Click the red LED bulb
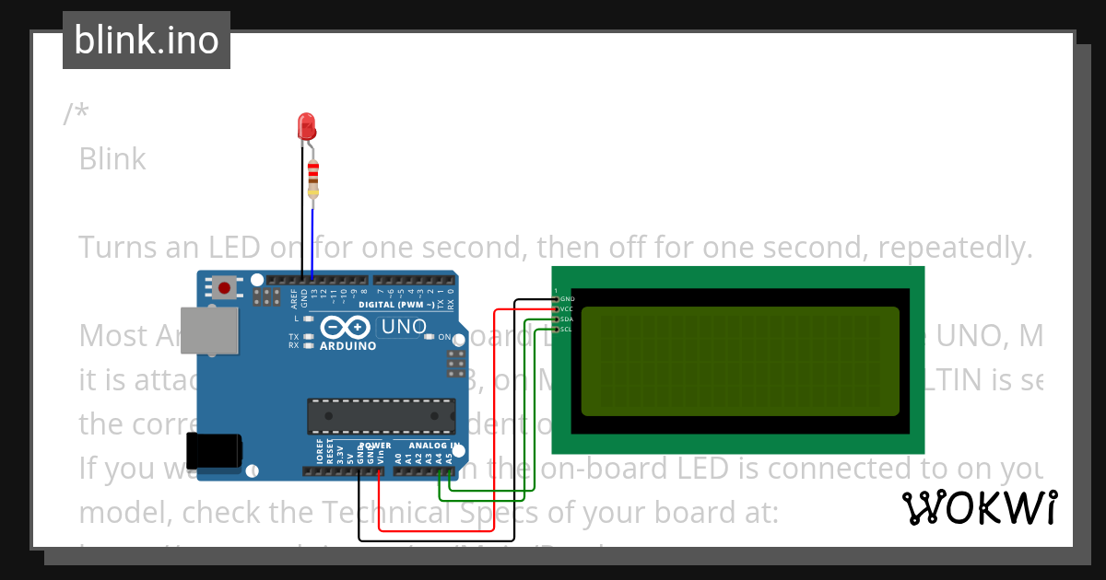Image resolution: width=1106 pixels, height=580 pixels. pos(307,127)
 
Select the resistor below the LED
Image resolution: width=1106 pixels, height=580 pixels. pos(313,177)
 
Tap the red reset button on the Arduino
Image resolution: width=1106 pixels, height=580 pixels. pos(224,289)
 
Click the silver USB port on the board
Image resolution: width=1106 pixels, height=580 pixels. pos(207,330)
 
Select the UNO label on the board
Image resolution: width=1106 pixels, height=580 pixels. pos(404,327)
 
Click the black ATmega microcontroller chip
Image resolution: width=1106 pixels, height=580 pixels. pos(381,415)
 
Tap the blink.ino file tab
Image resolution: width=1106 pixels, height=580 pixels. pos(147,41)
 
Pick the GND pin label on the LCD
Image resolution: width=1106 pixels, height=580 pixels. pos(567,299)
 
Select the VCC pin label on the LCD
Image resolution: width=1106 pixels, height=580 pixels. pos(567,309)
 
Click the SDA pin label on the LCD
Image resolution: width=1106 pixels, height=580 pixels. pos(567,319)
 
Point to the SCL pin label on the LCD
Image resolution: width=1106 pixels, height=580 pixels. pos(567,329)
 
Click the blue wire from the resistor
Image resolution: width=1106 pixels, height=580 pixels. pos(312,239)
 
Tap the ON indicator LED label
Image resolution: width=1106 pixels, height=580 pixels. pos(443,337)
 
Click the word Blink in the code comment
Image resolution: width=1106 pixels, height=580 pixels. pos(112,159)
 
